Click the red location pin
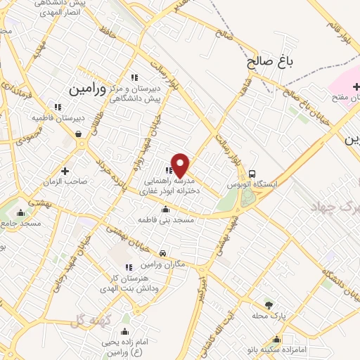pyautogui.click(x=181, y=165)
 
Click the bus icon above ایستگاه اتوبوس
pyautogui.click(x=252, y=173)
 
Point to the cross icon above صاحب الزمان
pyautogui.click(x=65, y=171)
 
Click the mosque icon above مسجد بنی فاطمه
pyautogui.click(x=165, y=209)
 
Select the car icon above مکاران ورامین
pyautogui.click(x=163, y=253)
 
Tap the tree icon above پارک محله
pyautogui.click(x=269, y=304)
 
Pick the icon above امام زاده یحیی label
pyautogui.click(x=125, y=332)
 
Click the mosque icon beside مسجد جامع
pyautogui.click(x=20, y=212)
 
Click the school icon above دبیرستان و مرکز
pyautogui.click(x=133, y=77)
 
